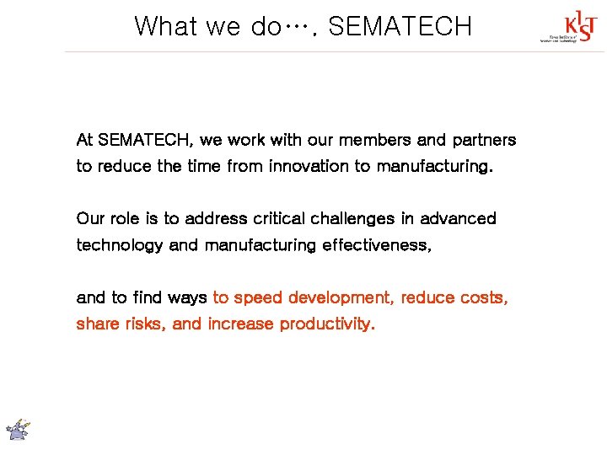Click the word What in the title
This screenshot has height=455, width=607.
pyautogui.click(x=166, y=26)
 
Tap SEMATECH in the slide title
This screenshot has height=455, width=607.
pyautogui.click(x=400, y=26)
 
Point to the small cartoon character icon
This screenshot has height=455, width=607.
pyautogui.click(x=19, y=429)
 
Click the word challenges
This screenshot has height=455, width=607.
pyautogui.click(x=353, y=219)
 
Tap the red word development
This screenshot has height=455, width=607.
pyautogui.click(x=341, y=298)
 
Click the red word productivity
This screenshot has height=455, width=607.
pyautogui.click(x=327, y=324)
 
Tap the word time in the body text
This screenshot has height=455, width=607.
pyautogui.click(x=202, y=166)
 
